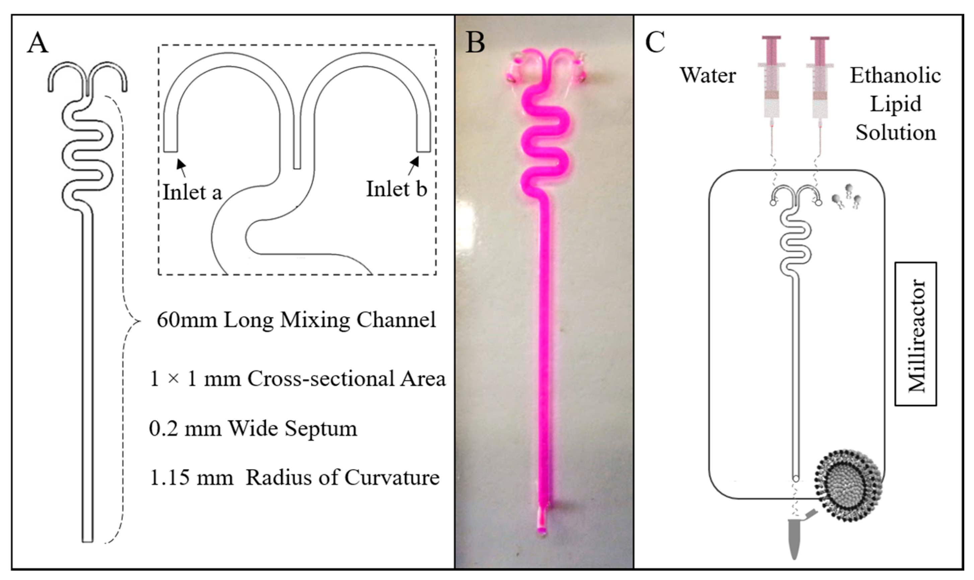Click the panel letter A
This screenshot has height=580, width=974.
click(x=38, y=43)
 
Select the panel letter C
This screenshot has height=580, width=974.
click(x=655, y=42)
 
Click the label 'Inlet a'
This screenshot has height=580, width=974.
click(x=192, y=192)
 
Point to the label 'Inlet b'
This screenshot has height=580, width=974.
click(x=397, y=189)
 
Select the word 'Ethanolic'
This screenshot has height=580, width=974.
click(x=895, y=76)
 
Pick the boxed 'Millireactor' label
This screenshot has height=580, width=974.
click(x=915, y=334)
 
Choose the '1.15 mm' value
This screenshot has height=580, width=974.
click(x=192, y=477)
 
